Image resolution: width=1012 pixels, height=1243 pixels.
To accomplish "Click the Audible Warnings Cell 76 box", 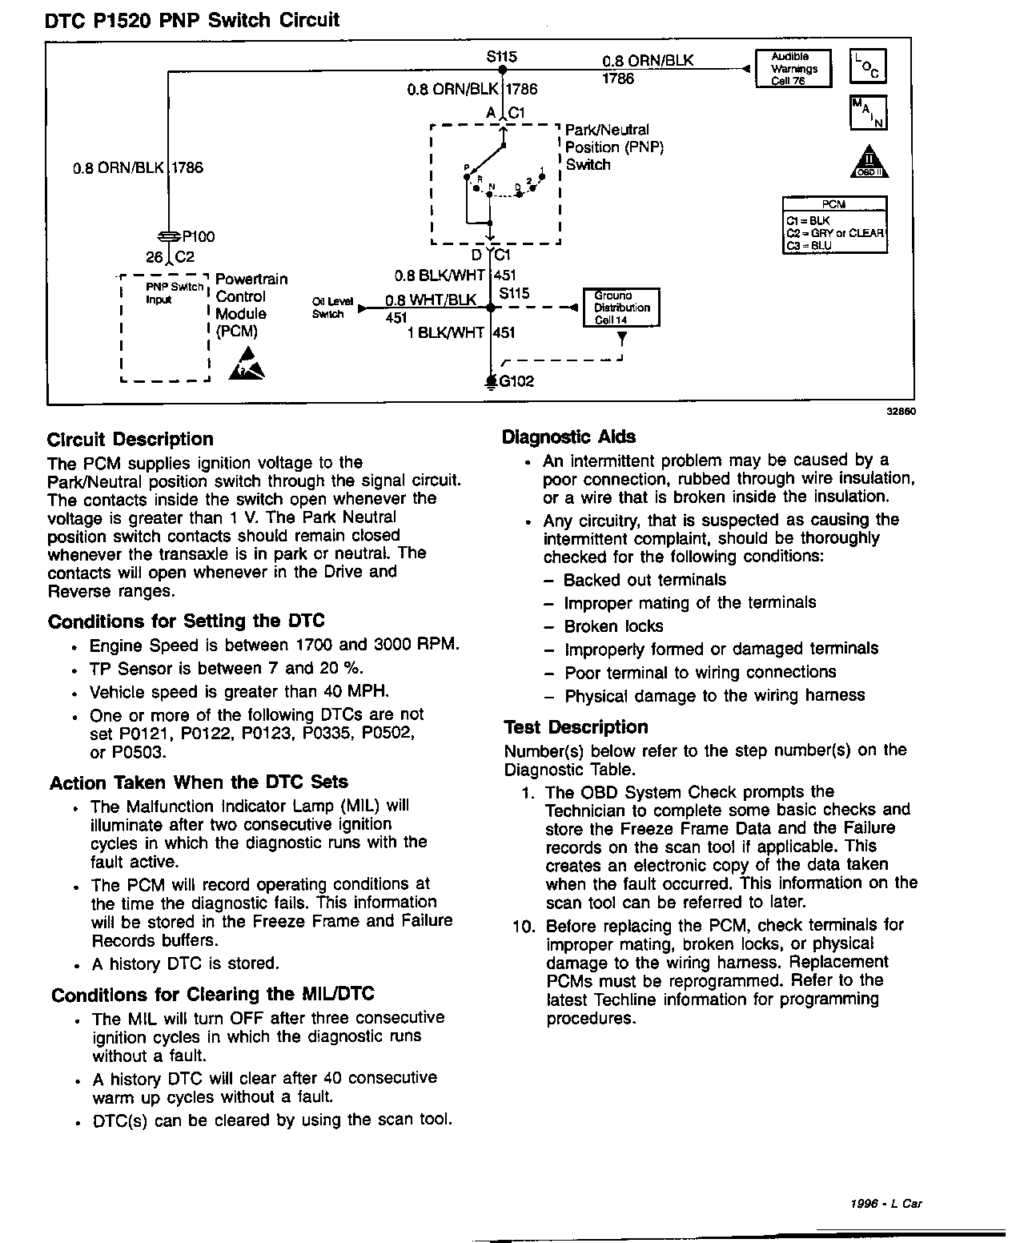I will pos(793,69).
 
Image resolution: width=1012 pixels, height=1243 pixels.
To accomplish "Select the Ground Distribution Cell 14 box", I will pos(621,308).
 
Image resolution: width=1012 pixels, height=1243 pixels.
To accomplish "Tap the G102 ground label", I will pos(516,381).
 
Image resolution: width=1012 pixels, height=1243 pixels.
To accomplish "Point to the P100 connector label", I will pos(198,237).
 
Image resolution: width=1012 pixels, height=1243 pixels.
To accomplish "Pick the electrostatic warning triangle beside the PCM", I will pos(245,364).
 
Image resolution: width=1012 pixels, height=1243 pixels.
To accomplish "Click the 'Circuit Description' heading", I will pos(131,439).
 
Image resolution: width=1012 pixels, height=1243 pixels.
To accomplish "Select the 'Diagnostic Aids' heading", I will pos(568,436).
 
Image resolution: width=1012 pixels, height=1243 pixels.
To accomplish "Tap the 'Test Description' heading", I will pos(576,727).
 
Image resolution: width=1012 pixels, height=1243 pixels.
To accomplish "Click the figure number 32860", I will pos(900,412).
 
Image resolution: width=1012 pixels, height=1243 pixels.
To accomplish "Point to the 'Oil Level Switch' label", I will pos(328,308).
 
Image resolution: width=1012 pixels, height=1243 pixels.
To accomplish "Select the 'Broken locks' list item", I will pos(613,626).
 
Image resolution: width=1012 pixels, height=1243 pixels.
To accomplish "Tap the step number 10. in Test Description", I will pos(524,927).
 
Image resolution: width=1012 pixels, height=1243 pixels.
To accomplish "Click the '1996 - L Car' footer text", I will pos(886,1203).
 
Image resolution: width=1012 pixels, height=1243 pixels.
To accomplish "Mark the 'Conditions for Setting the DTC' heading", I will pos(186,621).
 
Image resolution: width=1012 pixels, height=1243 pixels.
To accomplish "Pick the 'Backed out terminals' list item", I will pos(645,580).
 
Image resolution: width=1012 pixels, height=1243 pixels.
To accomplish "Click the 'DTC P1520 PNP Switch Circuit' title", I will pos(192,20).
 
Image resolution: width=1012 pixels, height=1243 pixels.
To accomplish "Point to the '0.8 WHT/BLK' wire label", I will pos(431,300).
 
